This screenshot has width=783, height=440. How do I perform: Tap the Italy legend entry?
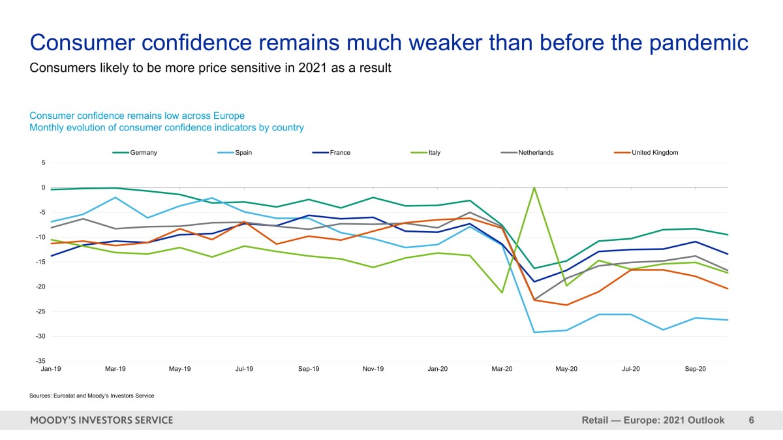[434, 153]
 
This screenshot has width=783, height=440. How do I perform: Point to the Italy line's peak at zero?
[534, 188]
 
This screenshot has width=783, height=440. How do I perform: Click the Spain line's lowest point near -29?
[534, 332]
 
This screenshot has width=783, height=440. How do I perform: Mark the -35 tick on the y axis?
[40, 361]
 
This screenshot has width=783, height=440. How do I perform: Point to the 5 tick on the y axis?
[43, 163]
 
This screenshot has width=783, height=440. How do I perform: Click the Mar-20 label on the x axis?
[502, 369]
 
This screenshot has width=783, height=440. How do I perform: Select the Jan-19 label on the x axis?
[51, 369]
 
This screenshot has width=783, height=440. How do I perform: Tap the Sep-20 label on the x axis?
[696, 369]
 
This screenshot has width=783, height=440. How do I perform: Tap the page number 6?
[751, 420]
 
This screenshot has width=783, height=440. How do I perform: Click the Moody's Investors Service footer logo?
[101, 420]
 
